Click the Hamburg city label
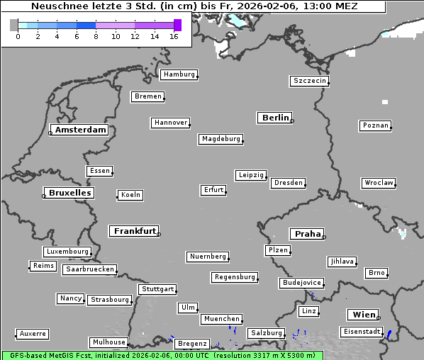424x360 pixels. (179, 74)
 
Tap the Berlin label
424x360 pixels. (275, 118)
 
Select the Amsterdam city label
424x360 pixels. (80, 130)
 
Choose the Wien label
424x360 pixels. (363, 315)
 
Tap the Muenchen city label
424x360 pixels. (221, 320)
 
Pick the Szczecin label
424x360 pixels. (310, 81)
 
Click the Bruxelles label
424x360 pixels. (69, 193)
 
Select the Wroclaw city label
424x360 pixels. (379, 183)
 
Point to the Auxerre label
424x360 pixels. (33, 333)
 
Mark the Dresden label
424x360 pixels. (289, 183)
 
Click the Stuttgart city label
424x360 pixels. (157, 289)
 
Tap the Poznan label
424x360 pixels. (375, 125)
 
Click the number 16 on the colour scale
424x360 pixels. (174, 36)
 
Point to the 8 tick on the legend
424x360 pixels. (96, 36)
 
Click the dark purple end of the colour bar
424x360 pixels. (177, 25)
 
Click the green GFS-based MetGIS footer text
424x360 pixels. (162, 355)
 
